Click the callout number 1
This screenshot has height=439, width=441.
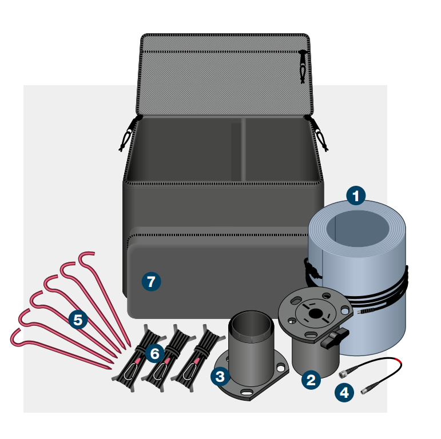pos(356,197)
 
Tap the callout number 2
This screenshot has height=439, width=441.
pos(311,380)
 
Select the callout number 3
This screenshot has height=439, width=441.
pos(220,376)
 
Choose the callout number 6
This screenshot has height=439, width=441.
pos(154,354)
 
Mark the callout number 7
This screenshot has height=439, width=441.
pos(151,281)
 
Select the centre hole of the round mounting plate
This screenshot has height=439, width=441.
pos(314,313)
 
